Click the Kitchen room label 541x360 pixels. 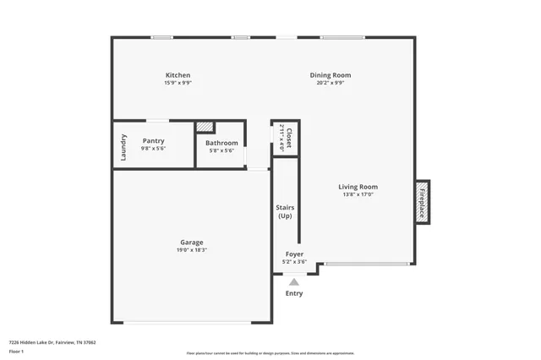tap(178, 75)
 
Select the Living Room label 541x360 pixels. tap(358, 187)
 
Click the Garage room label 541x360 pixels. tap(192, 242)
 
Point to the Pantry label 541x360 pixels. tap(153, 141)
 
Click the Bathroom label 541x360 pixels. tap(221, 143)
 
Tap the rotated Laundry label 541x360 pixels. tap(123, 147)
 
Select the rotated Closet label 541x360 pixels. tap(288, 138)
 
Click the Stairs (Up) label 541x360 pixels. tap(285, 211)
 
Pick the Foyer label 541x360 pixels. tap(294, 254)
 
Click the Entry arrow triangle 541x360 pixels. tap(293, 282)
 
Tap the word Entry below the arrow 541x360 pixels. tap(293, 293)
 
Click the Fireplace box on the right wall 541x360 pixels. tap(421, 202)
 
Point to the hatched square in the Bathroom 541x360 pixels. tap(205, 128)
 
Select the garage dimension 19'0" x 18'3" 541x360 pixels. tap(192, 250)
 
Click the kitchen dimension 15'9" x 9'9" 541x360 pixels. tap(178, 83)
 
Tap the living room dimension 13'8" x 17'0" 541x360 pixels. tap(358, 194)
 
